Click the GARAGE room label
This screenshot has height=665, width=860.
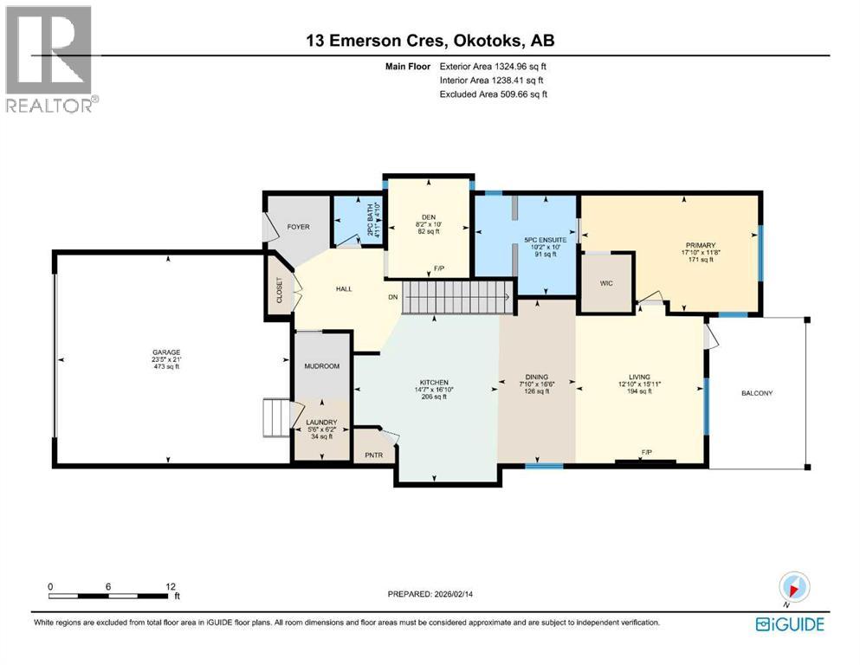(168, 352)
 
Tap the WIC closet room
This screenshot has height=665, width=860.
(606, 282)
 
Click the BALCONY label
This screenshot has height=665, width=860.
(756, 393)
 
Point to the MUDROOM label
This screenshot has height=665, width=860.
(321, 366)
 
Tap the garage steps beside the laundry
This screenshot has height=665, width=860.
(275, 418)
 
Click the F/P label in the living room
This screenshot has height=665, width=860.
(646, 452)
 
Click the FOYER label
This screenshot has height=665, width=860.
(297, 227)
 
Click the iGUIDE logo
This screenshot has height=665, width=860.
(789, 623)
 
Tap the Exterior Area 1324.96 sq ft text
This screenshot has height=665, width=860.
(494, 66)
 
